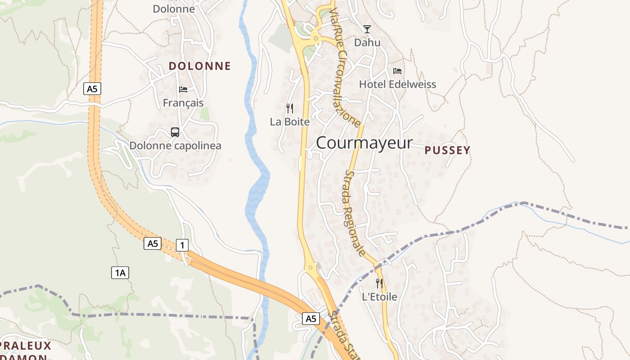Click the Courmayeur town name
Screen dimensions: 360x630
[364, 143]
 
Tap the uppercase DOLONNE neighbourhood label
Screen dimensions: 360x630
[199, 66]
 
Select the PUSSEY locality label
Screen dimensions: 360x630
[447, 150]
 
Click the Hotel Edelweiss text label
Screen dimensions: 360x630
[397, 84]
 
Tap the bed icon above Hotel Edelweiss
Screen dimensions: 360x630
[397, 71]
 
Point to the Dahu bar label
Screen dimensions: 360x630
[367, 43]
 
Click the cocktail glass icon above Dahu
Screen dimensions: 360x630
[367, 29]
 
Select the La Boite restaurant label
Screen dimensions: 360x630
[290, 121]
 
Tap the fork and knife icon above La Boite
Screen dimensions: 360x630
[290, 108]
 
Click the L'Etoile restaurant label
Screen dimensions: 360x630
[379, 297]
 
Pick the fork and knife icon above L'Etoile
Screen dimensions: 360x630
[379, 283]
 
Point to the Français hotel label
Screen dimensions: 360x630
[183, 103]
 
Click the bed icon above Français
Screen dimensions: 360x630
[183, 89]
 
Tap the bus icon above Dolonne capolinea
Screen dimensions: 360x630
[175, 132]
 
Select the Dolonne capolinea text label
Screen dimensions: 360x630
[175, 146]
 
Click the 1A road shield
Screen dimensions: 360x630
[120, 272]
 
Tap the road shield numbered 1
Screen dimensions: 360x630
[182, 245]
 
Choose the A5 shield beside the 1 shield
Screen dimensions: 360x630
[153, 243]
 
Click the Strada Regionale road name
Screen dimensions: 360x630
[355, 212]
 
